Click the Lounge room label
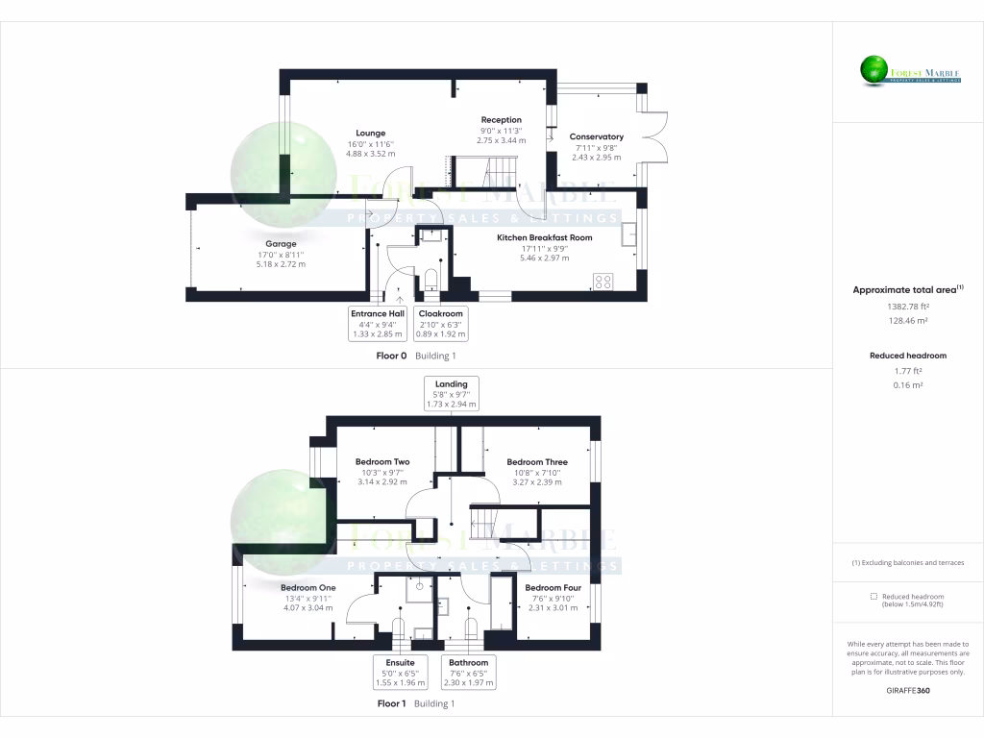click(x=370, y=134)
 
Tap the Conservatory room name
click(x=596, y=136)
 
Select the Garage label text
click(x=281, y=244)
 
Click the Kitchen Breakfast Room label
click(x=544, y=237)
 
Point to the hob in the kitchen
click(x=603, y=282)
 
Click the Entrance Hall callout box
click(x=378, y=324)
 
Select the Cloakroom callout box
click(x=440, y=324)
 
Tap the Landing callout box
click(x=451, y=394)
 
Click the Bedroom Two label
click(x=381, y=462)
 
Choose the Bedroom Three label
click(x=537, y=462)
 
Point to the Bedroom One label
click(x=307, y=588)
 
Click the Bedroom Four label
click(x=553, y=588)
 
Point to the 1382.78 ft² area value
click(x=907, y=307)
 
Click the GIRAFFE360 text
click(x=907, y=690)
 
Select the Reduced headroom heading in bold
click(x=907, y=356)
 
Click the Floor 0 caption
click(x=391, y=356)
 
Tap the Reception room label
click(x=501, y=120)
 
